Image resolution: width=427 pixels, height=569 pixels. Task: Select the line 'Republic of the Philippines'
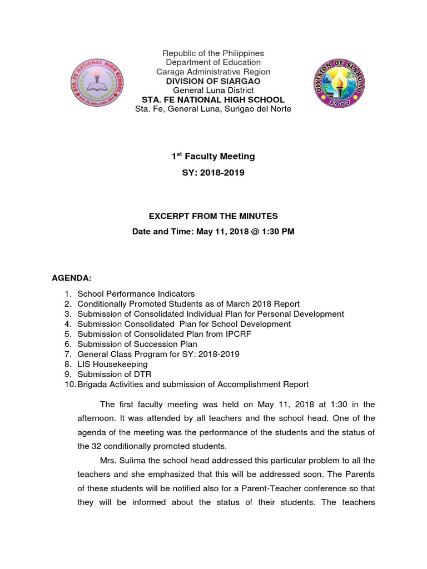[x=213, y=53]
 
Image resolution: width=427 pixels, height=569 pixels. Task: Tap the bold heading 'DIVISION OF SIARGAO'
[x=213, y=81]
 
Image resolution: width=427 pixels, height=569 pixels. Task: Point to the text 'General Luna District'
[x=213, y=90]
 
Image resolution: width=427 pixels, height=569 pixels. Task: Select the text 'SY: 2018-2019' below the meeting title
[x=213, y=173]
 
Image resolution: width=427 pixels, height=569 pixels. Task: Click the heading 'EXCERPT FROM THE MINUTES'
[x=213, y=216]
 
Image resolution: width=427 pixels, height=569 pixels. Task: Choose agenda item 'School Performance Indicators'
[x=136, y=294]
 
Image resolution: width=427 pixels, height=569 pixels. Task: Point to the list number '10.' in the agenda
[x=68, y=384]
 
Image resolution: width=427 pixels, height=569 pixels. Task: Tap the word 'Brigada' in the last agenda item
[x=92, y=384]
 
